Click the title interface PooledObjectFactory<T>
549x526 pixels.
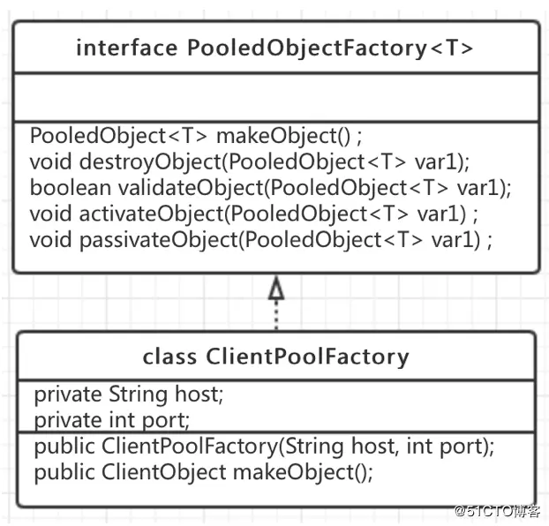coord(274,48)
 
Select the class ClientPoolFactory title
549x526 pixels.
coord(275,357)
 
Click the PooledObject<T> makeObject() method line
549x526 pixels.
coord(196,137)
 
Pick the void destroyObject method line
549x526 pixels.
coord(250,162)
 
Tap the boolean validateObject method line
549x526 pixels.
coord(270,188)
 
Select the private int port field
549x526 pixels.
coord(112,418)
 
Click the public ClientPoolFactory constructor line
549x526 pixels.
coord(264,446)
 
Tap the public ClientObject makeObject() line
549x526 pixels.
coord(204,472)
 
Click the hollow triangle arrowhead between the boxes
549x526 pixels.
coord(276,289)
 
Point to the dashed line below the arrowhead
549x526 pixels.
coord(276,316)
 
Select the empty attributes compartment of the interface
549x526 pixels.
coord(274,97)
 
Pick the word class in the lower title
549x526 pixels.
coord(171,357)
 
